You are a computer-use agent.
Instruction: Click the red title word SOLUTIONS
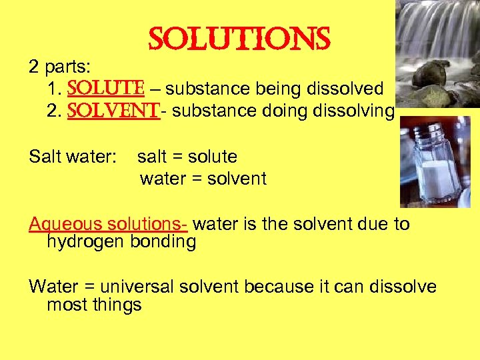[239, 41]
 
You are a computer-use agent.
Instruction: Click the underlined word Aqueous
[64, 224]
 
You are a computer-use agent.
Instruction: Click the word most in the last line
[65, 305]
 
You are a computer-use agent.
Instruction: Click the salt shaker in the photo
[434, 163]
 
